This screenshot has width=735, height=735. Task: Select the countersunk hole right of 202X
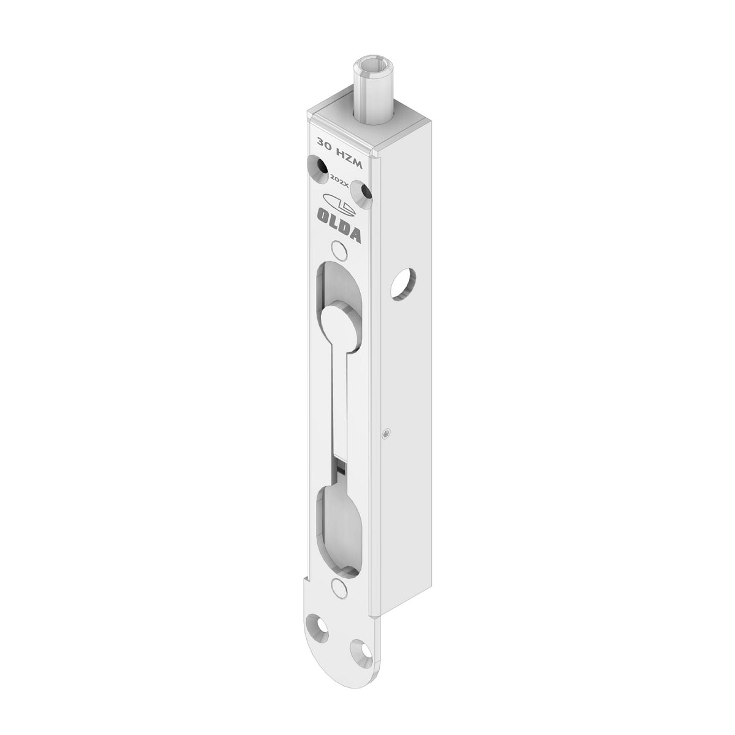(363, 194)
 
